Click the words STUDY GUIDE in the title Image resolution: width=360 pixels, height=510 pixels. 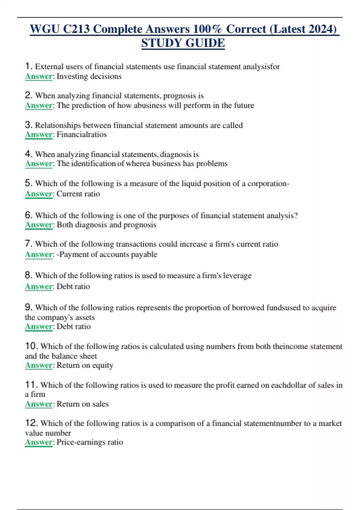tap(183, 43)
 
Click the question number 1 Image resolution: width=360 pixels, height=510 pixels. tap(28, 66)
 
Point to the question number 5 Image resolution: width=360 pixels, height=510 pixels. tap(28, 183)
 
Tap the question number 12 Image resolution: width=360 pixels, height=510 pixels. tap(31, 423)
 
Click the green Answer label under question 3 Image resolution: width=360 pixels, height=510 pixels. tap(39, 134)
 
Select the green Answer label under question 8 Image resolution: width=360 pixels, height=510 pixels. tap(39, 286)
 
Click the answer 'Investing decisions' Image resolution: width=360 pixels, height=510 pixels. tap(89, 76)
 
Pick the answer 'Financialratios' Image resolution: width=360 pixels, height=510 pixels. tap(82, 134)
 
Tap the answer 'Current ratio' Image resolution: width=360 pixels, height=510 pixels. tap(78, 194)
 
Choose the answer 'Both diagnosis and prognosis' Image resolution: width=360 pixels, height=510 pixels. tap(106, 225)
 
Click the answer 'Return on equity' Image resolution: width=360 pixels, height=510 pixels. tap(85, 365)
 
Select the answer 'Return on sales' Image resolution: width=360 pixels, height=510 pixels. tap(82, 404)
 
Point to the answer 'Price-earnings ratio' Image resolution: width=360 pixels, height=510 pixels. tap(90, 442)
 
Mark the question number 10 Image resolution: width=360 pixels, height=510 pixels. tap(31, 346)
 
